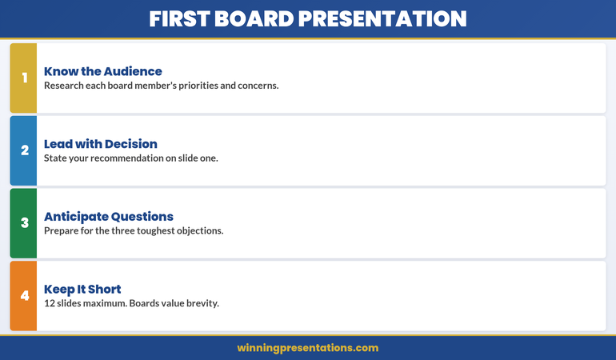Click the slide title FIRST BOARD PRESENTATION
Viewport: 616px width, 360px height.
click(308, 18)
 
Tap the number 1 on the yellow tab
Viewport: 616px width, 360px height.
click(24, 78)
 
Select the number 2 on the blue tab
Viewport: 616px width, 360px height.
click(24, 150)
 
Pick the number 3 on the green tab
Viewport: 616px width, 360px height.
click(24, 223)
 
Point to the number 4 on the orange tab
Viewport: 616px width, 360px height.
click(24, 296)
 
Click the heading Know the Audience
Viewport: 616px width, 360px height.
click(102, 71)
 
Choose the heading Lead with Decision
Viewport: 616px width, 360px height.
click(100, 144)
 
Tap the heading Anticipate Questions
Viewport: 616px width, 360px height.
click(108, 217)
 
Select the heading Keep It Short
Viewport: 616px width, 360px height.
click(82, 289)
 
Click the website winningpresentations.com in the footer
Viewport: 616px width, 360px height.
click(308, 348)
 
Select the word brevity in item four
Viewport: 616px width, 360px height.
click(199, 303)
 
